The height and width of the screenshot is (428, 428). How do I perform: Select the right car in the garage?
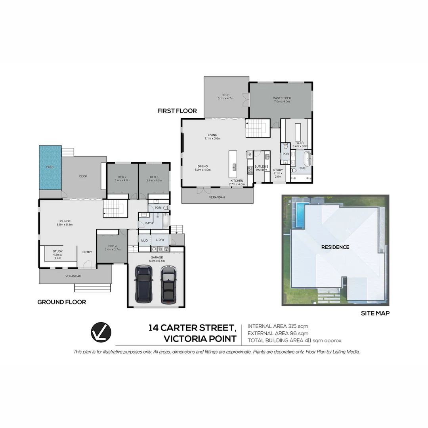[169, 284]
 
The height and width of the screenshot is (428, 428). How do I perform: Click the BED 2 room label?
[122, 177]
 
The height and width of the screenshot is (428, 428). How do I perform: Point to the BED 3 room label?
[154, 177]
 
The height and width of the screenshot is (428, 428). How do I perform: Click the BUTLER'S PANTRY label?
[262, 168]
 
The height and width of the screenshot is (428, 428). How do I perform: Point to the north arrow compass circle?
[101, 332]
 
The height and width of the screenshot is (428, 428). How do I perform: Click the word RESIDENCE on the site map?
[335, 247]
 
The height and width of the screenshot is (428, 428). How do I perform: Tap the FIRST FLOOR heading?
[177, 111]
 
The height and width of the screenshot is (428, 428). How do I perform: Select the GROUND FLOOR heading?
[61, 302]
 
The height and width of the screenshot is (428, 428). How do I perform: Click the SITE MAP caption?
[375, 313]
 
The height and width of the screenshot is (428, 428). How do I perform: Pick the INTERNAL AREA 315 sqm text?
[277, 326]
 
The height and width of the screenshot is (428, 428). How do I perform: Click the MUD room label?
[144, 240]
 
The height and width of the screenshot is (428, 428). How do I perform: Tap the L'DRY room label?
[160, 240]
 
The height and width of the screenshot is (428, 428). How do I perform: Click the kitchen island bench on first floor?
[234, 166]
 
